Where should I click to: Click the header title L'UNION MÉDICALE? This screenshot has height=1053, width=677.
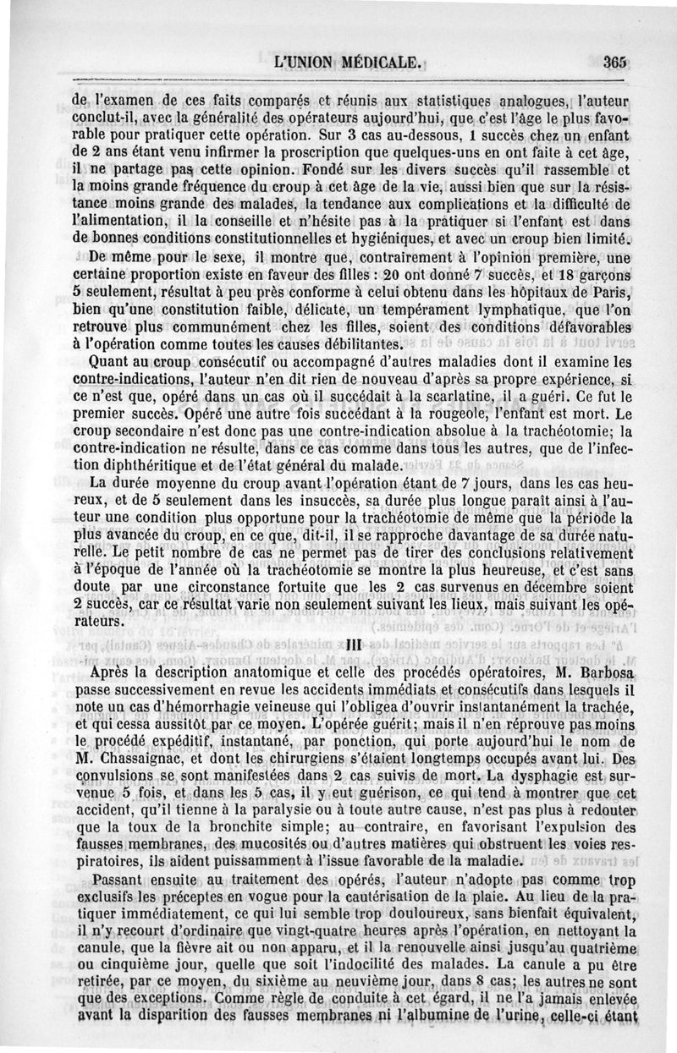point(350,62)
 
